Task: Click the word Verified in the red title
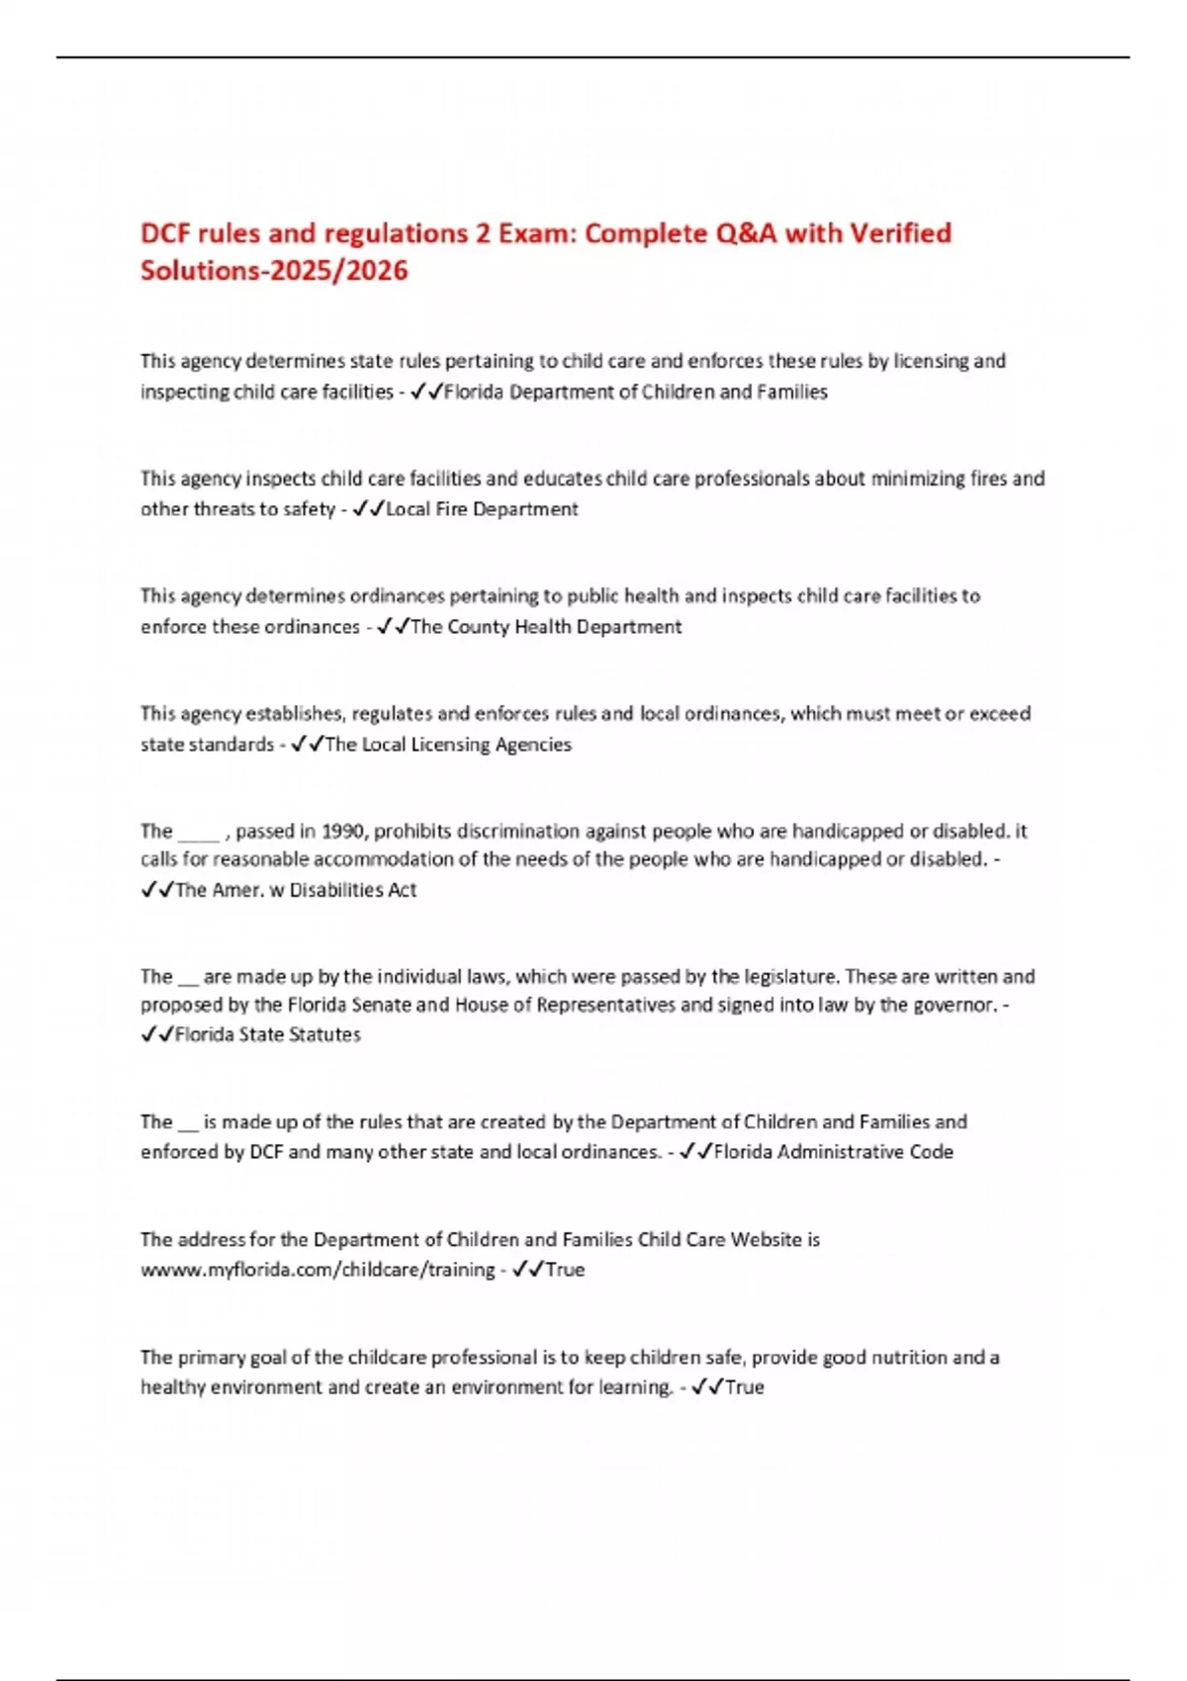[900, 233]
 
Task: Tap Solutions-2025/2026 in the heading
[274, 270]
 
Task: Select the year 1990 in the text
[345, 831]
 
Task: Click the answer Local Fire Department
[482, 509]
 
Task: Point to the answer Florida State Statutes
[267, 1034]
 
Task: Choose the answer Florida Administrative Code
[833, 1152]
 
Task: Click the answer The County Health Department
[545, 627]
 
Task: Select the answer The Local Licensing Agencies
[448, 745]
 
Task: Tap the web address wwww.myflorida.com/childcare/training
[318, 1270]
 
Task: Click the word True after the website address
[565, 1270]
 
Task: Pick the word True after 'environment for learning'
[744, 1387]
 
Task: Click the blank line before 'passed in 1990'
[198, 833]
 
